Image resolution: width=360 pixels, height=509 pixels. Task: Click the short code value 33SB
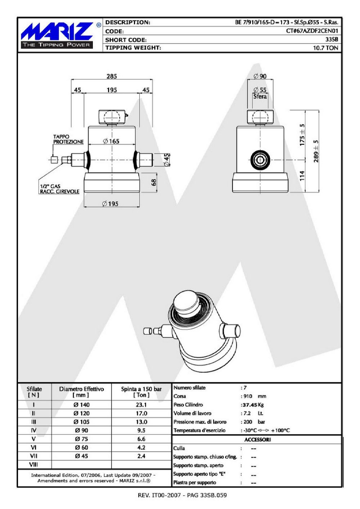pyautogui.click(x=332, y=39)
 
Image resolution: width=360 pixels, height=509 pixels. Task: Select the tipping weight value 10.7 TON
pyautogui.click(x=325, y=48)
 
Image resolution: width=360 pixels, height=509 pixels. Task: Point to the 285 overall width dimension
pyautogui.click(x=112, y=76)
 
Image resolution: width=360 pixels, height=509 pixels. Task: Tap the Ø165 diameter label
pyautogui.click(x=111, y=141)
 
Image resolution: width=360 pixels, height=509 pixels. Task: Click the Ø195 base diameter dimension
pyautogui.click(x=110, y=204)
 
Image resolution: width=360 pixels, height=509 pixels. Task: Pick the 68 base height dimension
pyautogui.click(x=154, y=182)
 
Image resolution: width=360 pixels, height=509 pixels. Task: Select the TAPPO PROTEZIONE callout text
pyautogui.click(x=68, y=139)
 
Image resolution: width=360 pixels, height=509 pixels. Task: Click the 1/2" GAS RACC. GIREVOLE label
pyautogui.click(x=59, y=189)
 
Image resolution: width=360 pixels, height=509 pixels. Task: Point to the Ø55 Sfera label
pyautogui.click(x=260, y=93)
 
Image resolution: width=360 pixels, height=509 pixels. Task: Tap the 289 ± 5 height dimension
pyautogui.click(x=316, y=151)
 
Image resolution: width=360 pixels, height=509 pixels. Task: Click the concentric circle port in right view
pyautogui.click(x=260, y=160)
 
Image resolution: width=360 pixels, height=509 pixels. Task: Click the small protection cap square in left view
pyautogui.click(x=54, y=160)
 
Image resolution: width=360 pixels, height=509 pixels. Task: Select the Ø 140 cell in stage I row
pyautogui.click(x=81, y=405)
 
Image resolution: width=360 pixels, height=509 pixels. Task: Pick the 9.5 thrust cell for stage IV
pyautogui.click(x=141, y=431)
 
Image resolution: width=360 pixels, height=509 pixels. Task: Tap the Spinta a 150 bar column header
pyautogui.click(x=141, y=392)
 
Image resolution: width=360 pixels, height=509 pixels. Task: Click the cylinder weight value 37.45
pyautogui.click(x=250, y=405)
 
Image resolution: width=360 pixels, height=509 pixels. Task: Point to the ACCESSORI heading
pyautogui.click(x=257, y=440)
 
